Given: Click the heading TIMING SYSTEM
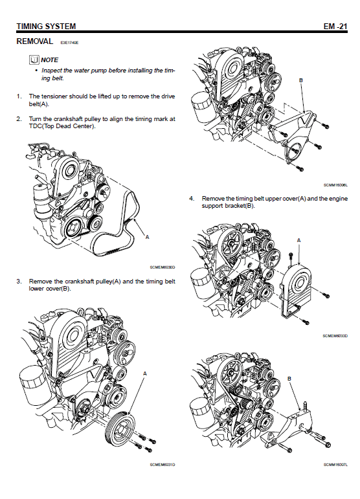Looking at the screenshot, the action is (x=46, y=27).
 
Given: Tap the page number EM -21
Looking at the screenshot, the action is (x=335, y=27).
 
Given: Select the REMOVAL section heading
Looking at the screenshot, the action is (x=35, y=41).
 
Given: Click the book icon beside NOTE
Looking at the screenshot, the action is (x=34, y=60).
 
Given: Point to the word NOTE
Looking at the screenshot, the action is (x=50, y=60).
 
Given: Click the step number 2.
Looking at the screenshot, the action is (x=19, y=119).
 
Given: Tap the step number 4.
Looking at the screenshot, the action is (x=192, y=199).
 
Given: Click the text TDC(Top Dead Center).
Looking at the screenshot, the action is (x=62, y=126).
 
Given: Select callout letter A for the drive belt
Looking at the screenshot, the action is (x=147, y=237).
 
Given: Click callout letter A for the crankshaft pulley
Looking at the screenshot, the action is (x=145, y=373).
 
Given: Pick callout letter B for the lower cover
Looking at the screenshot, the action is (x=301, y=80).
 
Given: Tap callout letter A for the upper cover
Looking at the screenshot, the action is (x=298, y=240).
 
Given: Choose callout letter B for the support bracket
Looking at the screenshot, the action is (x=289, y=379).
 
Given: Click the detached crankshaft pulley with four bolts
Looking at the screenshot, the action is (x=120, y=429).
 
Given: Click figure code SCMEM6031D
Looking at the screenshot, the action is (x=163, y=465).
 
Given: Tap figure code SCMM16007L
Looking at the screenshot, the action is (x=335, y=465).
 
